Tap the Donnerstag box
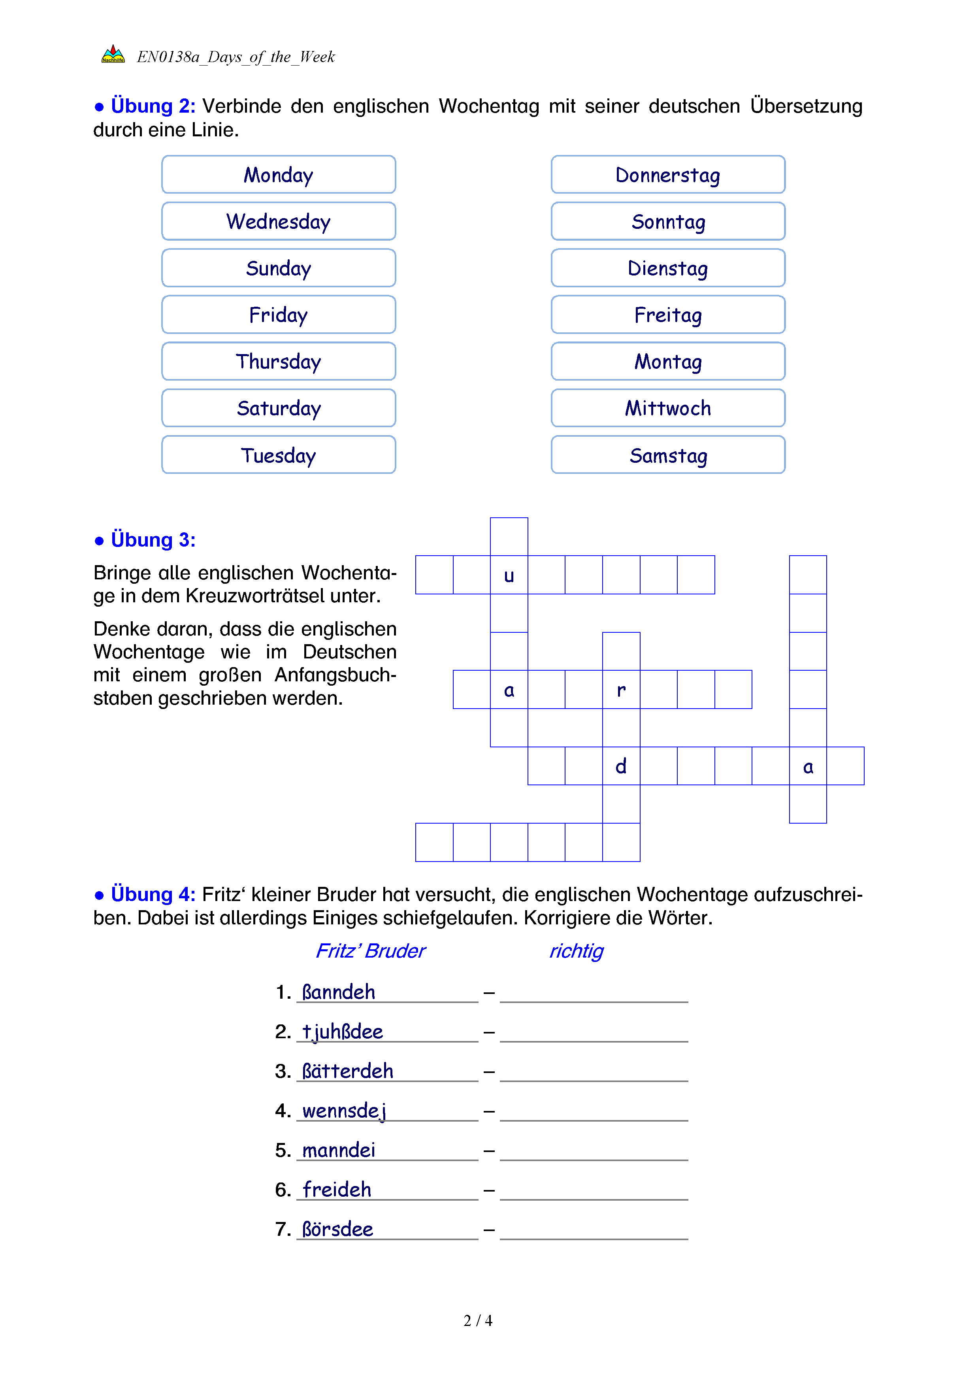point(667,175)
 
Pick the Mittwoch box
point(667,408)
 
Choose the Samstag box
point(667,455)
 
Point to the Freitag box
point(667,315)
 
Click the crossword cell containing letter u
point(509,575)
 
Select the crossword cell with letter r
point(621,689)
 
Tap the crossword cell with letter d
point(621,766)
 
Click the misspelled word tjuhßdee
point(342,1031)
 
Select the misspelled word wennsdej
point(344,1111)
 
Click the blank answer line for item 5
point(594,1152)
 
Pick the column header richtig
point(576,951)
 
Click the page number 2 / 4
point(478,1321)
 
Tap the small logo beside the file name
point(113,55)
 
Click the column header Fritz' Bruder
point(371,951)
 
